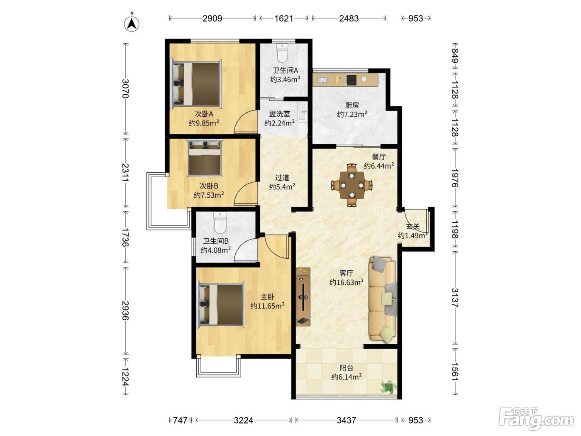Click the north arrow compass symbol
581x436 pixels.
pyautogui.click(x=132, y=23)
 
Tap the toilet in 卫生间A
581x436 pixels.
pyautogui.click(x=282, y=53)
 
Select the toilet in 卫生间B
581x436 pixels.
pyautogui.click(x=220, y=223)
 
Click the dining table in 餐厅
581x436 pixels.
pyautogui.click(x=352, y=185)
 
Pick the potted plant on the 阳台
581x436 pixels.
pyautogui.click(x=388, y=387)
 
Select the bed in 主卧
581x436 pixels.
pyautogui.click(x=221, y=304)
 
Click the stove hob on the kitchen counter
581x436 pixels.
pyautogui.click(x=351, y=80)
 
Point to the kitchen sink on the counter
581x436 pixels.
pyautogui.click(x=322, y=80)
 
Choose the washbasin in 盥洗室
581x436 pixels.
pyautogui.click(x=303, y=113)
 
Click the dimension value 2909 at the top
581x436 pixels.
pyautogui.click(x=212, y=19)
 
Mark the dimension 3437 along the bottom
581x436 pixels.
pyautogui.click(x=347, y=420)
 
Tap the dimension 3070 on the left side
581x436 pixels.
pyautogui.click(x=125, y=89)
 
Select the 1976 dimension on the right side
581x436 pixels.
pyautogui.click(x=455, y=178)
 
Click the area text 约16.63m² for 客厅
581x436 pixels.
pyautogui.click(x=346, y=282)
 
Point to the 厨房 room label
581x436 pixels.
pyautogui.click(x=352, y=105)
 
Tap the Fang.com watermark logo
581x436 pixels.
pyautogui.click(x=536, y=419)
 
